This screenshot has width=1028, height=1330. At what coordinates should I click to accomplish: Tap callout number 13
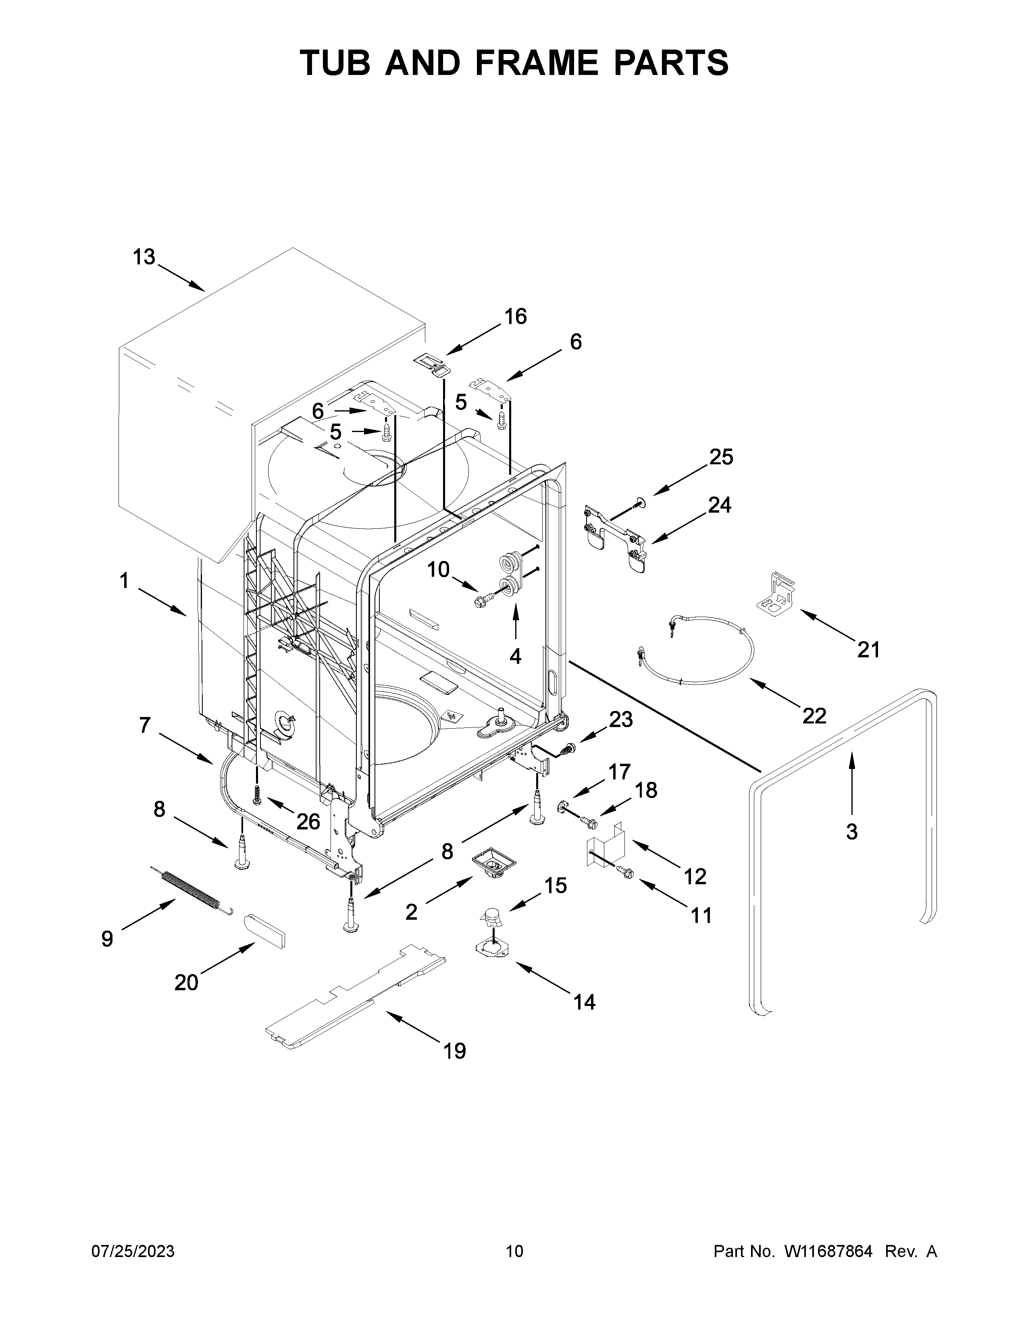click(x=144, y=258)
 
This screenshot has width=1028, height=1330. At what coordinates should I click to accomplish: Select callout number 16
click(x=515, y=317)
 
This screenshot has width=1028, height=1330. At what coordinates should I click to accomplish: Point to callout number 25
click(x=721, y=457)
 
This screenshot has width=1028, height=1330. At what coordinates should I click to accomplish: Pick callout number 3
click(x=851, y=831)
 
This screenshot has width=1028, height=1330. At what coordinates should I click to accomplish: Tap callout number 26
click(x=308, y=822)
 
